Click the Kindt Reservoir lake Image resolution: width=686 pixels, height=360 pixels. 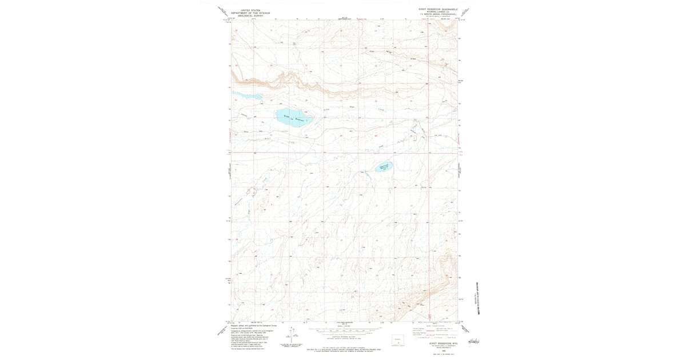point(294,117)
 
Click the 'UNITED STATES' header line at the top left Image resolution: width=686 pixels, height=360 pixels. point(250,10)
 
